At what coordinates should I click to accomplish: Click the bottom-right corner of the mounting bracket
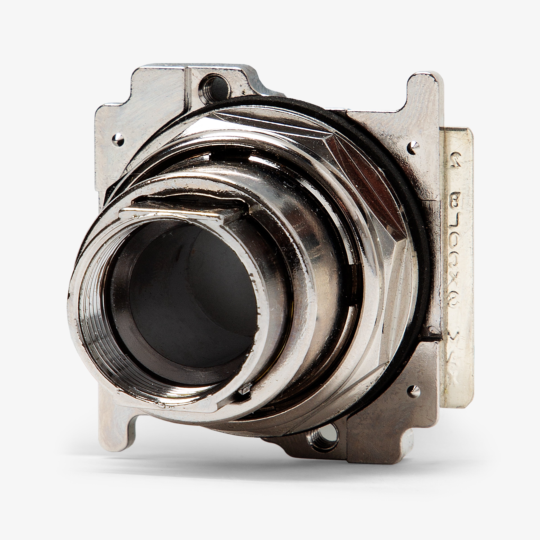coord(402,456)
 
